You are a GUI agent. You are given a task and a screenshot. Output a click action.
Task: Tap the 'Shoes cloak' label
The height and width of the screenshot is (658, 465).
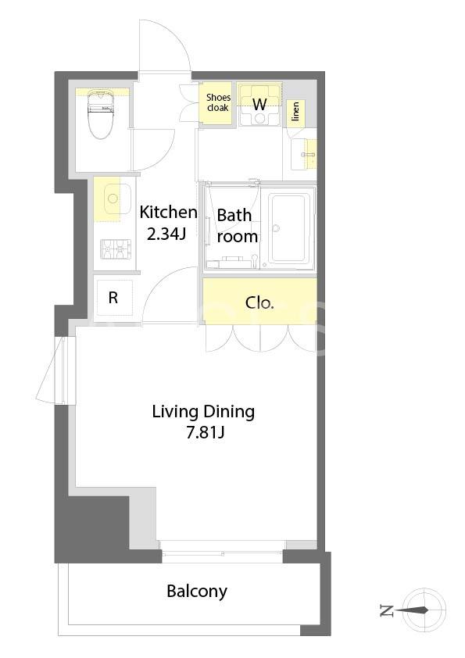click(218, 102)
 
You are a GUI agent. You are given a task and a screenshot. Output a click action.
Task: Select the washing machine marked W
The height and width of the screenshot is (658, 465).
click(259, 105)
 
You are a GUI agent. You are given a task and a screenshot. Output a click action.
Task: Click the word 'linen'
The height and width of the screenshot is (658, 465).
click(296, 112)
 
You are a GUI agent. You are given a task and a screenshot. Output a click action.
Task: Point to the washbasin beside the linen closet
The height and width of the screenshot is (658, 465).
click(304, 154)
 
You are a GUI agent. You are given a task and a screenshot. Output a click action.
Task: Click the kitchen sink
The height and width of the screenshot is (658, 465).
click(113, 199)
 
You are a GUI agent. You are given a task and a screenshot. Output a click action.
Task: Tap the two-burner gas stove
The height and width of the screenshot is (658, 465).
click(116, 249)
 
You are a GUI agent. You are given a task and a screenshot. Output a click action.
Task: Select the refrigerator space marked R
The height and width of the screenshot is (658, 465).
click(113, 298)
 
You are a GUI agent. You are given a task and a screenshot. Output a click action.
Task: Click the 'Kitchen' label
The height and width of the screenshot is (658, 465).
click(168, 213)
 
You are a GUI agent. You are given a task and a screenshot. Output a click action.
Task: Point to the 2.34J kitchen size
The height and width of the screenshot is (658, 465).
click(166, 234)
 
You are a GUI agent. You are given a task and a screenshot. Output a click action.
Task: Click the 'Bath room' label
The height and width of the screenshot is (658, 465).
click(236, 226)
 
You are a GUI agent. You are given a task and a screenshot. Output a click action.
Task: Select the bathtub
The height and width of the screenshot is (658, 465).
click(292, 229)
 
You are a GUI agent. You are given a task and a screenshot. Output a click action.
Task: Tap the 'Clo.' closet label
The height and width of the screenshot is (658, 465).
click(259, 302)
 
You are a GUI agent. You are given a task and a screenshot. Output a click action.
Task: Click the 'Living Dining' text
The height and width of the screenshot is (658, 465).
click(203, 412)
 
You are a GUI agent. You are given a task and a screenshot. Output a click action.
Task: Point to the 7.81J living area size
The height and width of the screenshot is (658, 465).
click(206, 432)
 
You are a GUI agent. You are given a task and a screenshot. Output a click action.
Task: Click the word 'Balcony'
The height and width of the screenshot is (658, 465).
click(197, 592)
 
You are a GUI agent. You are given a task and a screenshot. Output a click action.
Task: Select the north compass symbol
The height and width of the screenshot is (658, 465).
click(424, 610)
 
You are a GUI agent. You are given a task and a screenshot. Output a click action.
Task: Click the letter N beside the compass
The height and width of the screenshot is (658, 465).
click(386, 610)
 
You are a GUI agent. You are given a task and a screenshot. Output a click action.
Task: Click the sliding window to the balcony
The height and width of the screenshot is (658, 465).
click(222, 552)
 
